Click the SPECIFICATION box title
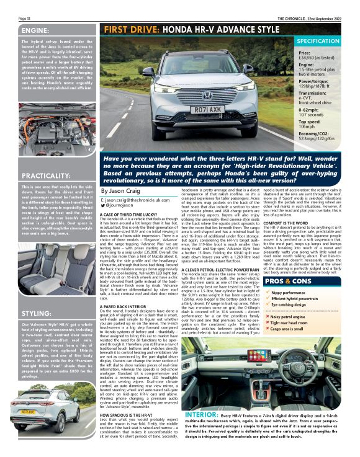click(322, 41)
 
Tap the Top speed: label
click(310, 121)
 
